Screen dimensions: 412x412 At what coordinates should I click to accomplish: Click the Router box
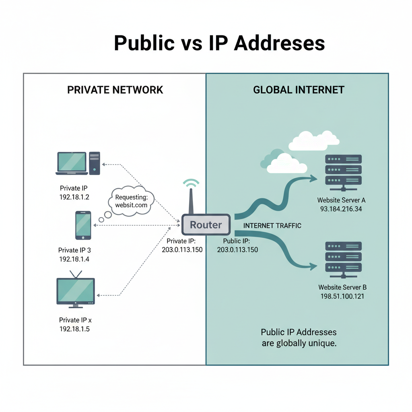[206, 225]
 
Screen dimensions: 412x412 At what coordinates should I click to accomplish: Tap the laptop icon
[72, 163]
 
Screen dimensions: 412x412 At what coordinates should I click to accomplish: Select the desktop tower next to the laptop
[95, 163]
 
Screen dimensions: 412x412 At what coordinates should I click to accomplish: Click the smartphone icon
[83, 225]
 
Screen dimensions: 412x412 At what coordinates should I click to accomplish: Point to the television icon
[76, 291]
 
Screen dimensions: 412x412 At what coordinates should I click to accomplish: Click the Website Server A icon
[343, 171]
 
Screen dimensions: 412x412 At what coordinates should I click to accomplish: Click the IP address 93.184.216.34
[342, 209]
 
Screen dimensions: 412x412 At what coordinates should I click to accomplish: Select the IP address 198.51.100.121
[342, 297]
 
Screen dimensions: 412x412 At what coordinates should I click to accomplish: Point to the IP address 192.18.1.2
[74, 197]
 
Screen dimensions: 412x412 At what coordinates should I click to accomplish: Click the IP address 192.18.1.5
[74, 329]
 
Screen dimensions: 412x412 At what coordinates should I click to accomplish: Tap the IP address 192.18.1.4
[74, 259]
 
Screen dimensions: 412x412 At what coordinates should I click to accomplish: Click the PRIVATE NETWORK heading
[115, 89]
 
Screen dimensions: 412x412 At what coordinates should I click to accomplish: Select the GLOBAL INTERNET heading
[299, 89]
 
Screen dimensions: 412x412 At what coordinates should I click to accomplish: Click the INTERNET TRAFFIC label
[272, 226]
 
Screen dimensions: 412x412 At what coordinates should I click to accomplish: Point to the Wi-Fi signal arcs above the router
[192, 183]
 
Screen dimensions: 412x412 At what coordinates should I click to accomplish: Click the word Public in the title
[144, 43]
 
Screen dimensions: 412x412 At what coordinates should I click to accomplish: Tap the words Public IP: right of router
[237, 241]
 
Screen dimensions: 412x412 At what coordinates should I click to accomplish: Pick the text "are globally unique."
[299, 344]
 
